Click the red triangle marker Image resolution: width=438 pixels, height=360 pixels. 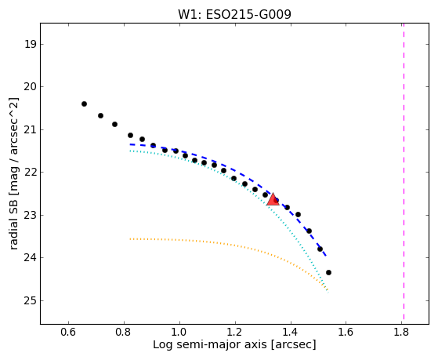coord(273,199)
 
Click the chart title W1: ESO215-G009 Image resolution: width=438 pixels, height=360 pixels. coord(234,15)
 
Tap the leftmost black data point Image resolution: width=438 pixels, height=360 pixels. coord(84,104)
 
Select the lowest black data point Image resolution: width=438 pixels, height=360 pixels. coord(328,272)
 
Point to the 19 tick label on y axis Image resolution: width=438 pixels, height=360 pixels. coord(31,44)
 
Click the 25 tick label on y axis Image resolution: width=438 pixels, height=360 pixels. coord(31,300)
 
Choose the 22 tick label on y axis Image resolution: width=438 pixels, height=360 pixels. coord(31,173)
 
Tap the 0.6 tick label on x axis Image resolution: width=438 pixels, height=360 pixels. coord(68,332)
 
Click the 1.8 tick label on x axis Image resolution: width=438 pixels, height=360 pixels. coord(401,332)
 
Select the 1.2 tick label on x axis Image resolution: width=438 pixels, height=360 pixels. coord(234,332)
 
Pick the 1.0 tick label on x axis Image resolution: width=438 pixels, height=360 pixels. coord(179,332)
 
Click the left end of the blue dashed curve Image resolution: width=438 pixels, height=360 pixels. coord(130,144)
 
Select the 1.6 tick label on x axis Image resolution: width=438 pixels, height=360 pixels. coord(346,332)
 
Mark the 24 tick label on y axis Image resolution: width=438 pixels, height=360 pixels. coord(31,257)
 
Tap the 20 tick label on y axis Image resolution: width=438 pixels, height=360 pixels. coord(31,87)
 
